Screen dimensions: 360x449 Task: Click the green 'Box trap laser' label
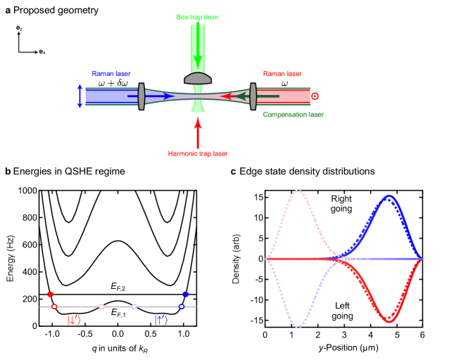pos(198,17)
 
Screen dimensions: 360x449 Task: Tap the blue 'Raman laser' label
pos(111,74)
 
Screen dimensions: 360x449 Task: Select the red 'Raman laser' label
pos(282,74)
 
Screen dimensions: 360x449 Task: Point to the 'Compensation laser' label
pos(293,115)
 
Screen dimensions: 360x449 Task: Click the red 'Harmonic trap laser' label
pos(198,153)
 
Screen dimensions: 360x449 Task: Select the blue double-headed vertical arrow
pos(80,96)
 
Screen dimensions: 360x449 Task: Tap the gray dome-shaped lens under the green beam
pos(198,78)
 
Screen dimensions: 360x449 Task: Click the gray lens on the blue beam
pos(141,96)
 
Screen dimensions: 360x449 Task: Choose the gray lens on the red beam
pos(253,96)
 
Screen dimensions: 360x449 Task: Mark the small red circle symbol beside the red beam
pos(315,96)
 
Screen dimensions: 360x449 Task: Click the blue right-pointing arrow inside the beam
pos(151,96)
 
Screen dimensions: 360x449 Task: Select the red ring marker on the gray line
pos(54,307)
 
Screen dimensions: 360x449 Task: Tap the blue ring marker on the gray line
pos(181,307)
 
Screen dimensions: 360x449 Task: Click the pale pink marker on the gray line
pos(101,307)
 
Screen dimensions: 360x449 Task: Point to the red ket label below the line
pos(74,321)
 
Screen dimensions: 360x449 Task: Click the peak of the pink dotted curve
pos(299,190)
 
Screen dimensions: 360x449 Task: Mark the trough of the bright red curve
pos(388,321)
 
